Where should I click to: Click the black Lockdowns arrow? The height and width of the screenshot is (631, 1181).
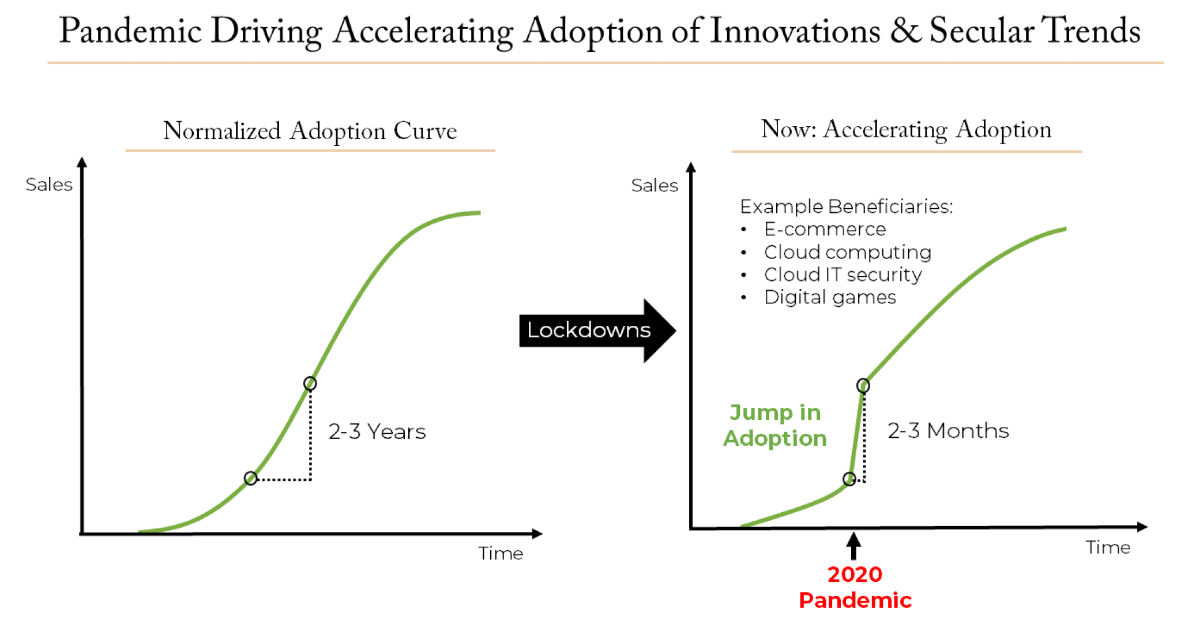pos(597,330)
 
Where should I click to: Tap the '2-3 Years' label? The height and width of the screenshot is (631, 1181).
pos(377,431)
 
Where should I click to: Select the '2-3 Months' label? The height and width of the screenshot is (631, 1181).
pos(948,430)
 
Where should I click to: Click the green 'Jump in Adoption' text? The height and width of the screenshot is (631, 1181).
pos(775,425)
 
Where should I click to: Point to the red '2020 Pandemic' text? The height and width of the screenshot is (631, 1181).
pos(855,587)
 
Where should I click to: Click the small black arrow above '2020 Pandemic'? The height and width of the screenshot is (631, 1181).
pos(854,546)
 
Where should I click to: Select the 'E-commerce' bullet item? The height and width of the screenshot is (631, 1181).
pos(825,229)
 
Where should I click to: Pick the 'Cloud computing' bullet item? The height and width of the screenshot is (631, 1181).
pos(847,252)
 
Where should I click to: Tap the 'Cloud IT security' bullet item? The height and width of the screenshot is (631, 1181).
pos(843,275)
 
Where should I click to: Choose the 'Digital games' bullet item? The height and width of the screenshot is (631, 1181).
pos(830,297)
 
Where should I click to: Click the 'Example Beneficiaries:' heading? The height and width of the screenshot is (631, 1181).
pos(846,206)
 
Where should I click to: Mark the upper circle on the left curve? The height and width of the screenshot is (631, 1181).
pos(310,384)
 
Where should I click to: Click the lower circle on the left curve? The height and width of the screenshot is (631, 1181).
pos(250,478)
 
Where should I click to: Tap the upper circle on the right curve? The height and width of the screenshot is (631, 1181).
pos(863,385)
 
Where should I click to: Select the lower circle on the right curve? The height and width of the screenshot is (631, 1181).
pos(849,479)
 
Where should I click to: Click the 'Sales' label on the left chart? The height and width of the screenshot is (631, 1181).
pos(49,185)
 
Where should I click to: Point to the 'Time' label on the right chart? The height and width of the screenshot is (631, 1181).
pos(1108,547)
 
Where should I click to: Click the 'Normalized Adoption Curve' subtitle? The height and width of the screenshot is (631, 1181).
pos(310,131)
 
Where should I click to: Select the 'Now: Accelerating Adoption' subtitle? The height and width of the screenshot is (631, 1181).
pos(907,129)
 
